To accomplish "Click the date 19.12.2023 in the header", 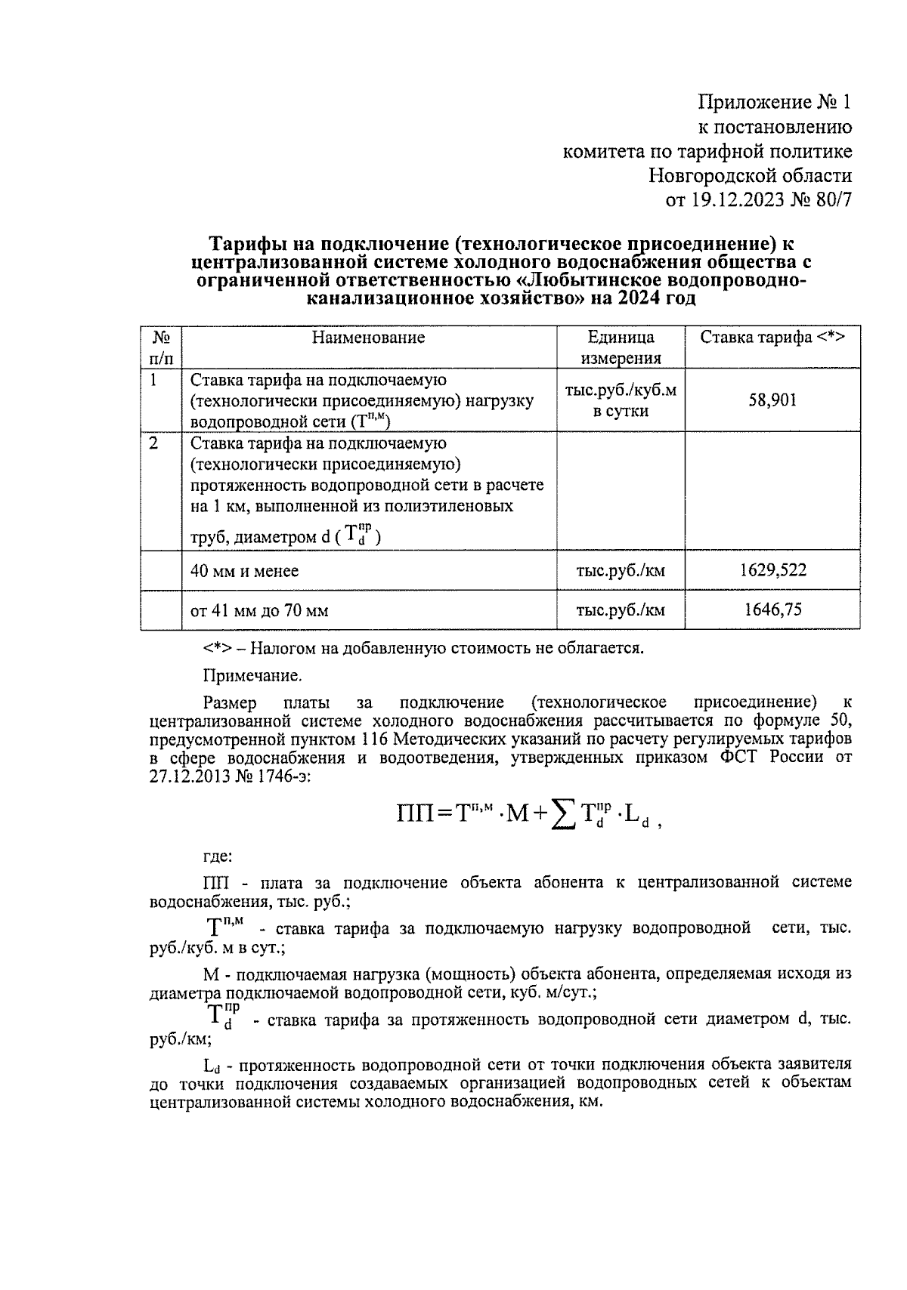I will click(x=732, y=200).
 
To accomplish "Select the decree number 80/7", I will click(x=829, y=200).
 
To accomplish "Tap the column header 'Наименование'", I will click(x=368, y=338).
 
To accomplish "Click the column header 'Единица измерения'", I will click(x=621, y=347).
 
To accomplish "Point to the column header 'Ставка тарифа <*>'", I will click(x=772, y=338).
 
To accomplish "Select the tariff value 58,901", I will click(x=772, y=400).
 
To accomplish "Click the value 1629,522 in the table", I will click(x=772, y=570).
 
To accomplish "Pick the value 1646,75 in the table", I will click(x=772, y=610).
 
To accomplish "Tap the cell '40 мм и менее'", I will click(x=244, y=571).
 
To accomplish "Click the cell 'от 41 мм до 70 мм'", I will click(x=259, y=610).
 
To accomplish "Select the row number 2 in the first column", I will click(x=153, y=443).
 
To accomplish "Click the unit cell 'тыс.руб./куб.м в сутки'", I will click(x=621, y=401).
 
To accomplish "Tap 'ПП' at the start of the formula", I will click(x=414, y=814).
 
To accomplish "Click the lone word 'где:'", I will click(x=218, y=856).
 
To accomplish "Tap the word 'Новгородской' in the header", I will click(x=702, y=176).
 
